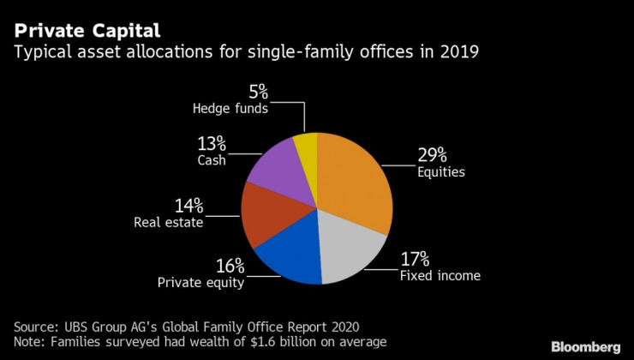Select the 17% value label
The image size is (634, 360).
415,258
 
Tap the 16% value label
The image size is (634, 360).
229,265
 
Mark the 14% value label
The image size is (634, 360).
188,205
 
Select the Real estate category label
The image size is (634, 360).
168,223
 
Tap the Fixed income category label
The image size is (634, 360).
440,276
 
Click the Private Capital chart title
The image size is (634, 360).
87,32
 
